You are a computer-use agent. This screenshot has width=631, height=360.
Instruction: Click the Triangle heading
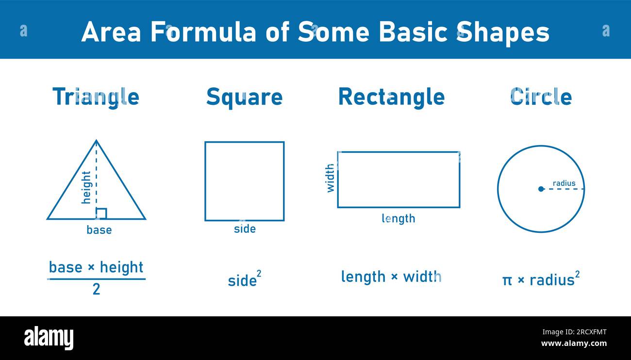(x=96, y=98)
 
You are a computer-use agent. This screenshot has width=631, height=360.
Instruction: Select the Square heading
(x=245, y=98)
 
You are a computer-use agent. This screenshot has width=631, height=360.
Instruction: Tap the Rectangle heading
(x=391, y=98)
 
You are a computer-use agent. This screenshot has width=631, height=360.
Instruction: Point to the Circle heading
(x=541, y=97)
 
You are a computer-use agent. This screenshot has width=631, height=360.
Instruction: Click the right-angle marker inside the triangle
(x=101, y=213)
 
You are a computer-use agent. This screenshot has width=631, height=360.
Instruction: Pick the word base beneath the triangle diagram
(x=99, y=230)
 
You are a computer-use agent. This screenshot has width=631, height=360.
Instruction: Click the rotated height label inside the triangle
(x=86, y=187)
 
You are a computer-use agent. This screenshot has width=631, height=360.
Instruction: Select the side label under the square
(x=245, y=229)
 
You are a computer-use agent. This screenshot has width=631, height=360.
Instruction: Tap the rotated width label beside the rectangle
(x=330, y=179)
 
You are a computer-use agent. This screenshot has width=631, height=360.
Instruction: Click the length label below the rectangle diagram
(x=399, y=219)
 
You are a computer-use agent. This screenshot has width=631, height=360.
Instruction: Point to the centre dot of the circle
(x=541, y=189)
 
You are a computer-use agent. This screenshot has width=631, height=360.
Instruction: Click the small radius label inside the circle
(x=564, y=183)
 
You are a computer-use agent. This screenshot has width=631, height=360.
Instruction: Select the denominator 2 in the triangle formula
(x=96, y=289)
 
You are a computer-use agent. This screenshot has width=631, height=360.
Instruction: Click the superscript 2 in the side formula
(x=259, y=274)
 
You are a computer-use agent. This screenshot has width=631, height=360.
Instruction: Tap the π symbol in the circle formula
(x=507, y=280)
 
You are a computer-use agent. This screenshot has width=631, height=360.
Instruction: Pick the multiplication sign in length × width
(x=394, y=277)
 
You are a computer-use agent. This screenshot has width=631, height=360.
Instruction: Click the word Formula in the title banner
(x=203, y=32)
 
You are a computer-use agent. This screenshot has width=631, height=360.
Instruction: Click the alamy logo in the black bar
(x=49, y=338)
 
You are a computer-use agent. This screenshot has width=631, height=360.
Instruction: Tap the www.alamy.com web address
(x=574, y=344)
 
